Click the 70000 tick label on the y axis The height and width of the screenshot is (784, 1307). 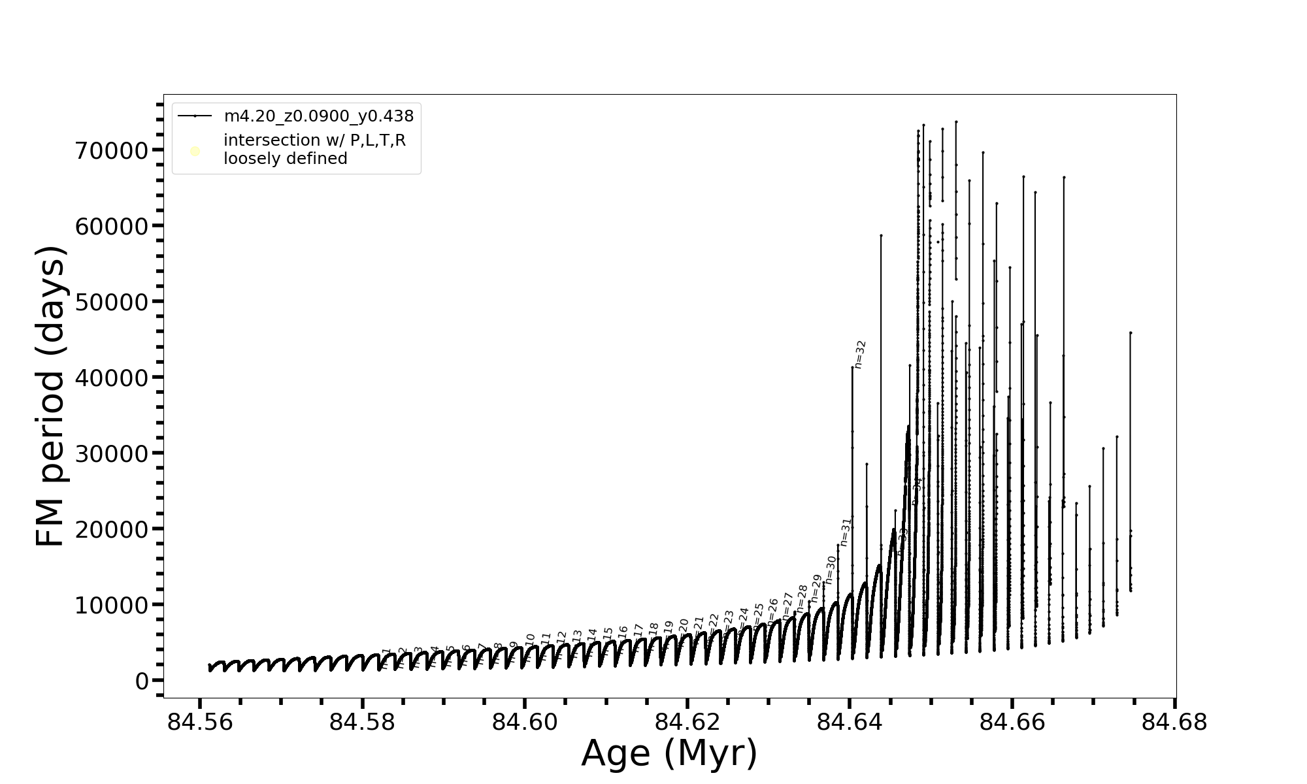click(112, 151)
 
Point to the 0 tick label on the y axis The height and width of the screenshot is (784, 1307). click(142, 681)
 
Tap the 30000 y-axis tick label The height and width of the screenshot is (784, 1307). click(112, 454)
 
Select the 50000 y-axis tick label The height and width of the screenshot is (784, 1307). click(112, 302)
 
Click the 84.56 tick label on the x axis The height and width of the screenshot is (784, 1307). click(200, 723)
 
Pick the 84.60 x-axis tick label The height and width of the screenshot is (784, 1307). click(525, 723)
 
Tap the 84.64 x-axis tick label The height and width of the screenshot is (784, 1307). click(850, 723)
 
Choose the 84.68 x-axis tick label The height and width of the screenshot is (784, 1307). click(1174, 723)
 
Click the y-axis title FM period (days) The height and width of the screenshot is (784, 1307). click(51, 396)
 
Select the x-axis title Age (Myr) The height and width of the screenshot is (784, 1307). click(669, 753)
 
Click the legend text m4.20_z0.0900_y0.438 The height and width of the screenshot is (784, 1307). click(319, 116)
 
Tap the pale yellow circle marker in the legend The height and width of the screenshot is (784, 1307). click(195, 152)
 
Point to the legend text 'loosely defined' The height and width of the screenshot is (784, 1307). click(286, 159)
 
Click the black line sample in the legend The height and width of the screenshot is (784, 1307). click(195, 116)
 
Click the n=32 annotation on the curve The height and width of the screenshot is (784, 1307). click(860, 354)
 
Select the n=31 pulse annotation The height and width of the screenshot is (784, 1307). click(846, 532)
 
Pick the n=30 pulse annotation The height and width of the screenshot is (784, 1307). click(831, 570)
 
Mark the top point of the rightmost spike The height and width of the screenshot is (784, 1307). click(1130, 333)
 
